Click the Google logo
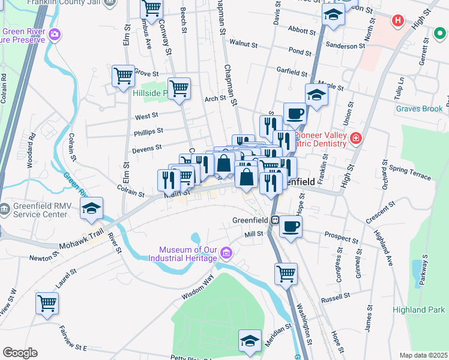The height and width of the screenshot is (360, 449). point(20,353)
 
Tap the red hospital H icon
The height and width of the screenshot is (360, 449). point(397,21)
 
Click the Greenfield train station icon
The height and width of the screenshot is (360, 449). point(274,220)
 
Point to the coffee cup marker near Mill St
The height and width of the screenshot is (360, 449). point(291,227)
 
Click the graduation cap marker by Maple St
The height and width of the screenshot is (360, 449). point(316,94)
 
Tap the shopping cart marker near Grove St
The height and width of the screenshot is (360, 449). point(123,76)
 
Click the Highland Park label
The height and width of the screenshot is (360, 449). point(418,310)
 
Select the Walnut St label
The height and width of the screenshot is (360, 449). point(243,44)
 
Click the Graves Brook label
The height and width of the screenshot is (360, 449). point(418,109)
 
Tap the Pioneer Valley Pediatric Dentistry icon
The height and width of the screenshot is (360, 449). point(356,139)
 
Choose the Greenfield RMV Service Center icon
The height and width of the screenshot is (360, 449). point(5,209)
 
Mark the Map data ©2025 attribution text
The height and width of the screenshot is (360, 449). point(423,355)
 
